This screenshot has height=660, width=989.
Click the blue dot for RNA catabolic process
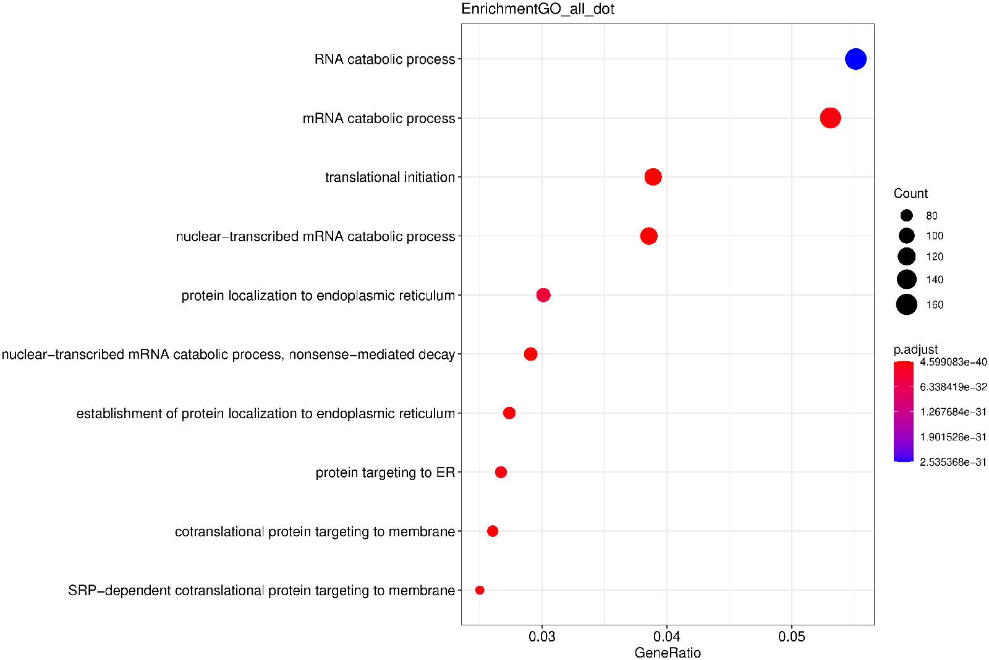(x=855, y=59)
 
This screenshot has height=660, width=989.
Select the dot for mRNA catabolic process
(x=830, y=118)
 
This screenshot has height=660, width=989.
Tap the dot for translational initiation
(x=653, y=177)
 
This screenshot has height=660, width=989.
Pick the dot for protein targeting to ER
(x=501, y=472)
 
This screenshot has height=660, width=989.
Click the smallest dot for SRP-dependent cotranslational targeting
(x=480, y=590)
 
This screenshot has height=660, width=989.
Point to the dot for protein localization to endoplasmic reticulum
(x=543, y=295)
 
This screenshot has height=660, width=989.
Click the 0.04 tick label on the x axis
(x=667, y=637)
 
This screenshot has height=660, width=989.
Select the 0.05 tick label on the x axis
(x=791, y=637)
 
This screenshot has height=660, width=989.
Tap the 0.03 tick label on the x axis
(x=542, y=637)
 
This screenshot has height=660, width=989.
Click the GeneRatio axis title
(x=668, y=653)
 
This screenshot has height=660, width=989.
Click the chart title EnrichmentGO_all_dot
(x=538, y=9)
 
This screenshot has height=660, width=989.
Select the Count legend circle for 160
(x=907, y=304)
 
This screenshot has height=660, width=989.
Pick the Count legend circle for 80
(x=907, y=215)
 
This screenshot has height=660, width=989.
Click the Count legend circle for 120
(x=907, y=257)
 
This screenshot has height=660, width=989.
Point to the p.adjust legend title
(x=915, y=349)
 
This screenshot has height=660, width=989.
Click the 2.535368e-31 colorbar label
(x=953, y=462)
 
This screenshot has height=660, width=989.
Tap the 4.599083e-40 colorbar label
(x=953, y=362)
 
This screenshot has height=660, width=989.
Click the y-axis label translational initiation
(x=390, y=178)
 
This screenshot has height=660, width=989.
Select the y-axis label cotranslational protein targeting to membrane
(x=315, y=532)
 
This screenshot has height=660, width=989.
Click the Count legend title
(x=910, y=194)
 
